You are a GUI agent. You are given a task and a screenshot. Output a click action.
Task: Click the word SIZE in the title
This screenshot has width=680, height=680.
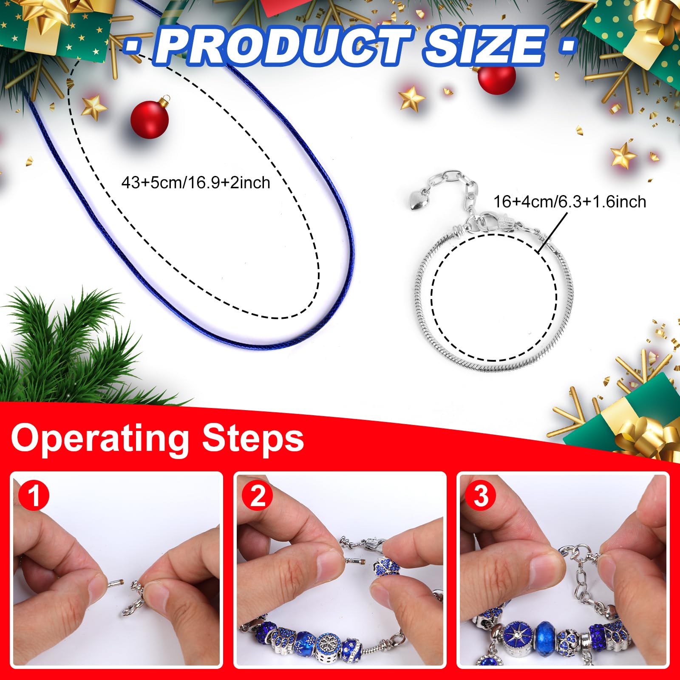pyautogui.click(x=484, y=46)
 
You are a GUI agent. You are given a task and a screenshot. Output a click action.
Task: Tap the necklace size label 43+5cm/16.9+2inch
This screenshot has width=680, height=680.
pyautogui.click(x=196, y=183)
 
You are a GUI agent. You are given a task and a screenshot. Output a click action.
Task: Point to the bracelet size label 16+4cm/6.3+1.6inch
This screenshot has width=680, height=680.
pyautogui.click(x=569, y=201)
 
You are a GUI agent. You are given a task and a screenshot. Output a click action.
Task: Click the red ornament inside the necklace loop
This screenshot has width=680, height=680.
pyautogui.click(x=150, y=119)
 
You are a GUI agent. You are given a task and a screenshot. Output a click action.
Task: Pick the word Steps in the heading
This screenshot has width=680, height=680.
pyautogui.click(x=253, y=438)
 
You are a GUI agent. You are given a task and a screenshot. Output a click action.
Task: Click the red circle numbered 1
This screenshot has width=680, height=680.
pyautogui.click(x=34, y=496)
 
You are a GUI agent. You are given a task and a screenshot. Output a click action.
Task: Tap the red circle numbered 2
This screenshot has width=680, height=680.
pyautogui.click(x=257, y=496)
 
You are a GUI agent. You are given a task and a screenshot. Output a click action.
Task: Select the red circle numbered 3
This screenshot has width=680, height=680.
pyautogui.click(x=480, y=496)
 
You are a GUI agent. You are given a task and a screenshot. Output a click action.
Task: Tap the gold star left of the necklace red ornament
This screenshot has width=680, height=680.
pyautogui.click(x=93, y=107)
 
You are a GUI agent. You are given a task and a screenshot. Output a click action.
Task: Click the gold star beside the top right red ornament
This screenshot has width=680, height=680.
pyautogui.click(x=411, y=99)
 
